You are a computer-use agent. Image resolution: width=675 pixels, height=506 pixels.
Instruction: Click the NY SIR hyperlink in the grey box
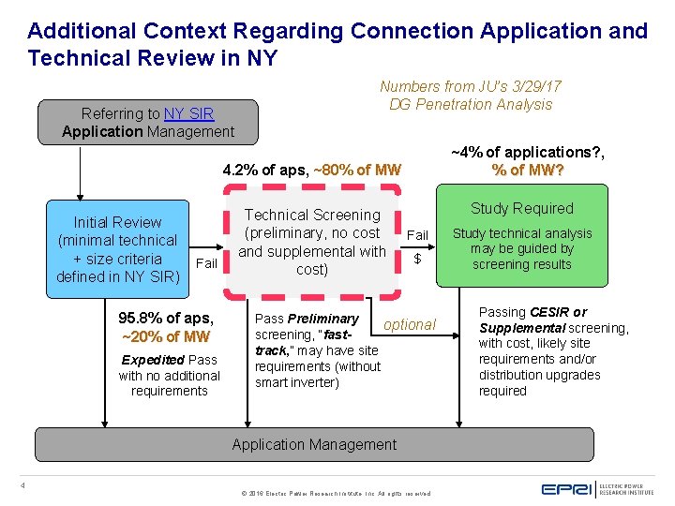click(x=188, y=114)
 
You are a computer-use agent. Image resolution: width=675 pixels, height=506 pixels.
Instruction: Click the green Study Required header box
click(x=521, y=208)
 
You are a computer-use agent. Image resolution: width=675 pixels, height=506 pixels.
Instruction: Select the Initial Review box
click(x=117, y=249)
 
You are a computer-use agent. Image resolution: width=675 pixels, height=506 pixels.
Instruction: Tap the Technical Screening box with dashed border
click(x=312, y=242)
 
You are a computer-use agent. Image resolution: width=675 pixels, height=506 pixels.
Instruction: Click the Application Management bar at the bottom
click(x=314, y=444)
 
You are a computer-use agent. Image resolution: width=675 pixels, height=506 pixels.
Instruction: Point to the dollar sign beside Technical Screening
click(x=417, y=259)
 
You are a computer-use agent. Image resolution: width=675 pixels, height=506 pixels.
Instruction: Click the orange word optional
click(x=410, y=324)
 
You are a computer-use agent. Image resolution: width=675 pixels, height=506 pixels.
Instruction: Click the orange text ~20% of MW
click(x=166, y=336)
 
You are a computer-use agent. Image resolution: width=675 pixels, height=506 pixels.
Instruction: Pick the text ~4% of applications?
click(x=528, y=152)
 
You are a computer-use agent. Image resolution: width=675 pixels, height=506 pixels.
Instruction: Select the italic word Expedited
click(x=153, y=360)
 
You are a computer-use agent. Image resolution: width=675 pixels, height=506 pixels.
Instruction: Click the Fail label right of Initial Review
click(x=206, y=263)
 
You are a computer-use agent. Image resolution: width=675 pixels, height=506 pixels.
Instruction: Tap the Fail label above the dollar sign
click(x=417, y=235)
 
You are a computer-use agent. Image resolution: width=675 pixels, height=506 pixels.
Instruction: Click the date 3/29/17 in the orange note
click(x=532, y=86)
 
